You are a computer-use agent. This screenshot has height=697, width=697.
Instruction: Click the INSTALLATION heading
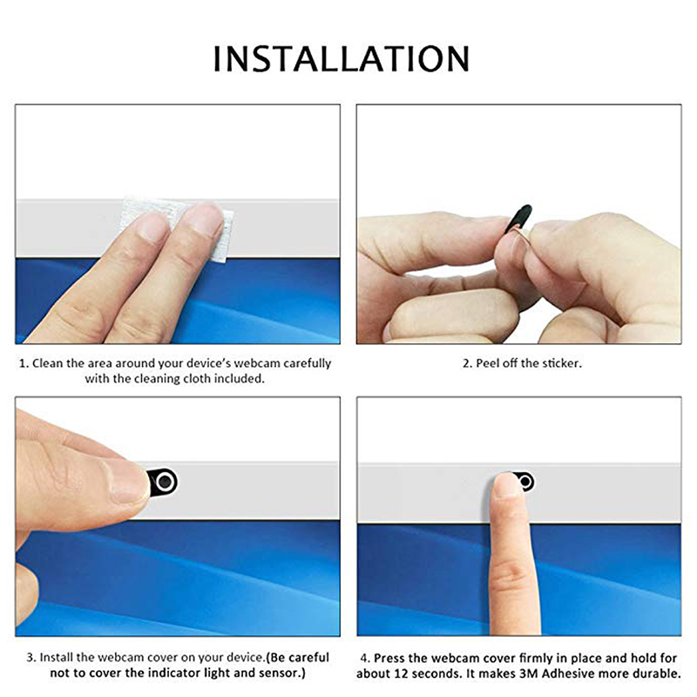[x=342, y=58]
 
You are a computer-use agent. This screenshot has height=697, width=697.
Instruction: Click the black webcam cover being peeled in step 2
[x=518, y=219]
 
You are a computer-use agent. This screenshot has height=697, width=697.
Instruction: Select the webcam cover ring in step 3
[x=165, y=482]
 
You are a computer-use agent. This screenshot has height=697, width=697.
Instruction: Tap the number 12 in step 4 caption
[x=402, y=673]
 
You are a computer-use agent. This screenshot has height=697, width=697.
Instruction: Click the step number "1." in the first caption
[x=24, y=363]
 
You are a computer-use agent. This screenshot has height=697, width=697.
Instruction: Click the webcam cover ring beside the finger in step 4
[x=525, y=482]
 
